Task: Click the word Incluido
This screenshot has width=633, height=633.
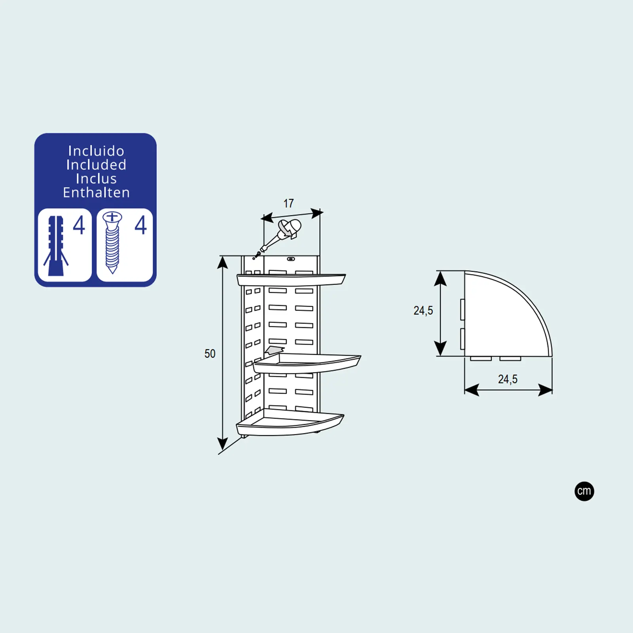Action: pyautogui.click(x=96, y=151)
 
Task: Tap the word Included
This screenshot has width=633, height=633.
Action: pyautogui.click(x=96, y=165)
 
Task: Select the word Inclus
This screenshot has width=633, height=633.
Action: pyautogui.click(x=96, y=178)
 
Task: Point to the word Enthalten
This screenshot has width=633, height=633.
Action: pyautogui.click(x=96, y=192)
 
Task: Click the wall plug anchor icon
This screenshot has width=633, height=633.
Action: pyautogui.click(x=56, y=246)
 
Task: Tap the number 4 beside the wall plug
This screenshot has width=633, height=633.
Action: pyautogui.click(x=79, y=225)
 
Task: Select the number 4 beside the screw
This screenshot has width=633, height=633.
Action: pyautogui.click(x=141, y=225)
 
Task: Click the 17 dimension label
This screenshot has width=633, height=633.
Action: pyautogui.click(x=288, y=203)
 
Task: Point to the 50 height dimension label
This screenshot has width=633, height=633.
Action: pyautogui.click(x=210, y=354)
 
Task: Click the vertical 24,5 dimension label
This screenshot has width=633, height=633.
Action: pyautogui.click(x=423, y=311)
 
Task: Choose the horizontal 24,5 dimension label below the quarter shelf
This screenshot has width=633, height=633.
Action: pyautogui.click(x=508, y=379)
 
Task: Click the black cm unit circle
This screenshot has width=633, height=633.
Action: pyautogui.click(x=584, y=491)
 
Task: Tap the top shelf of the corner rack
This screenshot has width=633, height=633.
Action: pyautogui.click(x=291, y=279)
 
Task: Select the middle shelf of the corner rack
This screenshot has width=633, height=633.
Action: pyautogui.click(x=307, y=363)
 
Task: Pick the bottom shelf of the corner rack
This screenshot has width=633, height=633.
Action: pyautogui.click(x=290, y=423)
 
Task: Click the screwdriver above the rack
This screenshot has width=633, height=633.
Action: pyautogui.click(x=279, y=236)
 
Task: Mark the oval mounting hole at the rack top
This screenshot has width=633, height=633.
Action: pyautogui.click(x=291, y=259)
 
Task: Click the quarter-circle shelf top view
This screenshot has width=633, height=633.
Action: pyautogui.click(x=508, y=314)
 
